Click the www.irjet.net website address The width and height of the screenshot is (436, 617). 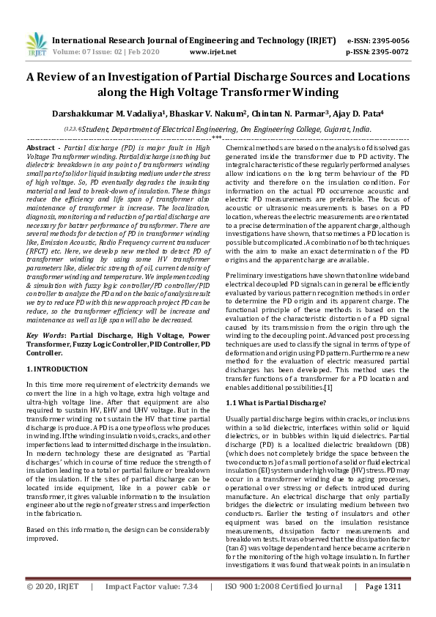point(212,53)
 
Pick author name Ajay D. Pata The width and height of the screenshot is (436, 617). point(359,114)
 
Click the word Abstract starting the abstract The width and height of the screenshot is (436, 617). point(40,148)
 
